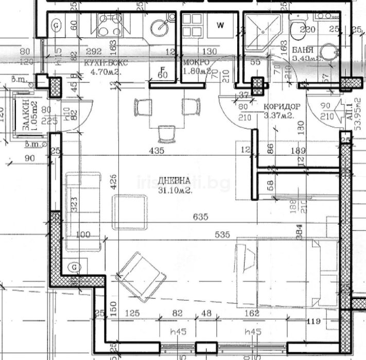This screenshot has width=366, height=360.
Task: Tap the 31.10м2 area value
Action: (x=175, y=190)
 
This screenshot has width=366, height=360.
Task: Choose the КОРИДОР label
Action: (x=282, y=106)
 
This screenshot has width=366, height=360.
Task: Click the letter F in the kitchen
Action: (x=162, y=69)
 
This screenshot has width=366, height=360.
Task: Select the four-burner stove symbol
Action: (x=106, y=25)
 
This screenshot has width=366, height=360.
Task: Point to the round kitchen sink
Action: (x=160, y=26)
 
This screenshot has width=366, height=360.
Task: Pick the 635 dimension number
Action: (x=201, y=217)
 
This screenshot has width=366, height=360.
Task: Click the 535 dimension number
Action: (x=222, y=235)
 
